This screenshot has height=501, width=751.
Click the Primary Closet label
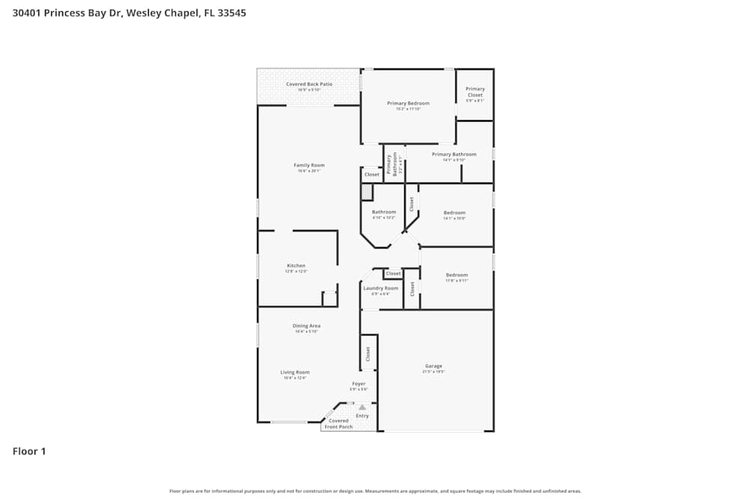[x=475, y=92]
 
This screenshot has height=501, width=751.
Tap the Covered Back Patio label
[x=309, y=84]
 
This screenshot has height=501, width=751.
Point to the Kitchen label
[x=296, y=266]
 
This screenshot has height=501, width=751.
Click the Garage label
[x=433, y=367]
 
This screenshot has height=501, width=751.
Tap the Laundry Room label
[x=381, y=288]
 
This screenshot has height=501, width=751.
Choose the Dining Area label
[x=306, y=326]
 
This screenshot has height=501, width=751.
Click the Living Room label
[x=295, y=373]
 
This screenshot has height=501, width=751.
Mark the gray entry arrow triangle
[x=362, y=407]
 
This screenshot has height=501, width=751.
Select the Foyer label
[x=359, y=384]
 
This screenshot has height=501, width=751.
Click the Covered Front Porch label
[x=339, y=424]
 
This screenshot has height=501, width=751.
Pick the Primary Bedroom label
[x=408, y=103]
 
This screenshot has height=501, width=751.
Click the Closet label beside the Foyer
[x=368, y=354]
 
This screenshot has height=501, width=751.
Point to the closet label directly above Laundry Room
[x=394, y=273]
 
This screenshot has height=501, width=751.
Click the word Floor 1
[x=29, y=451]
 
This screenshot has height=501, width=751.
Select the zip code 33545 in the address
[x=231, y=13]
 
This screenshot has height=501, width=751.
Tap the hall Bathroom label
[x=384, y=212]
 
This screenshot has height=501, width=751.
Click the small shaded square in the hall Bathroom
[x=366, y=192]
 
